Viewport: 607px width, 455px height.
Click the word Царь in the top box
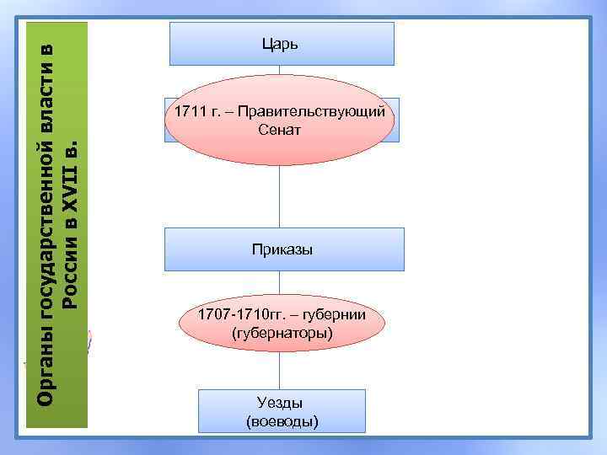pos(282,43)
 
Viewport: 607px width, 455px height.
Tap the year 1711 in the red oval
pos(188,112)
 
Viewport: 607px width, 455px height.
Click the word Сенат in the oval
pos(281,131)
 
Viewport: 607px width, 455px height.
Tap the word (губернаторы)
pos(281,334)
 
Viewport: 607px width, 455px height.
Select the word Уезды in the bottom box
pos(281,403)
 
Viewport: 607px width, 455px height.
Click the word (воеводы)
pos(282,420)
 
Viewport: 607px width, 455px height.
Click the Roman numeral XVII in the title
pos(73,198)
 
